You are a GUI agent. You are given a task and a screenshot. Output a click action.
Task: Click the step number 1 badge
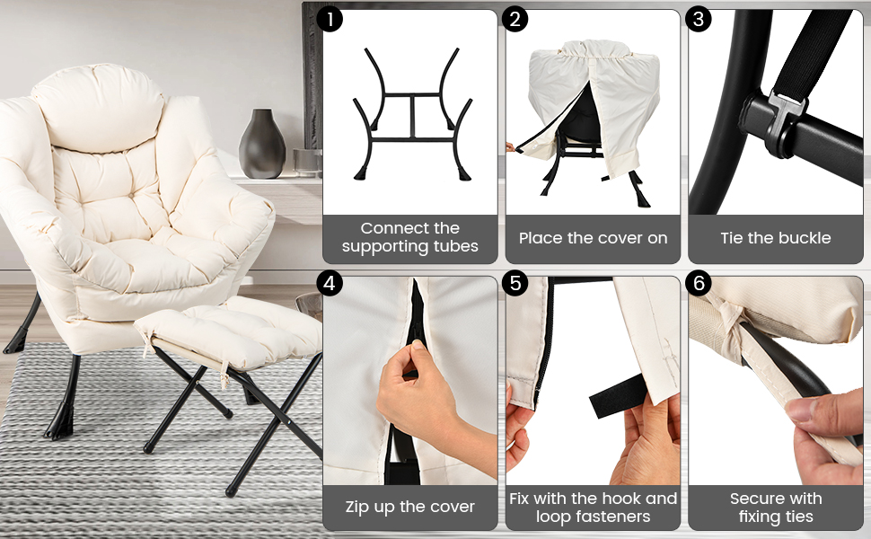(x=330, y=18)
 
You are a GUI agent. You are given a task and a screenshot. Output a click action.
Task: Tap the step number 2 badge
(x=515, y=18)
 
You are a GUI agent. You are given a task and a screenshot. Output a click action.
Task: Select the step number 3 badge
(x=699, y=18)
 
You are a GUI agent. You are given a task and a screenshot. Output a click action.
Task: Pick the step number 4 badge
(x=330, y=283)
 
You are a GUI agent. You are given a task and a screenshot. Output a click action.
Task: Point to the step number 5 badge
(x=515, y=283)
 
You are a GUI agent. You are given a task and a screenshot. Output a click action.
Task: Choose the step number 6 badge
(x=699, y=283)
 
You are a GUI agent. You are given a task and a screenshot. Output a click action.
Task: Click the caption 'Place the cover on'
(x=593, y=238)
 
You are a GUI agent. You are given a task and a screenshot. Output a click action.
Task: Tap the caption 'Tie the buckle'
(x=775, y=238)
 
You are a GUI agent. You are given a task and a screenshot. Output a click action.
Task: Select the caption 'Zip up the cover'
(x=409, y=507)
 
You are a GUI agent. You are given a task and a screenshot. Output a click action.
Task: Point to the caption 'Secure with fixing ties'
(x=775, y=507)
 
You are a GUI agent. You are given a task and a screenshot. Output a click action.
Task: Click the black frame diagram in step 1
(x=409, y=112)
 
